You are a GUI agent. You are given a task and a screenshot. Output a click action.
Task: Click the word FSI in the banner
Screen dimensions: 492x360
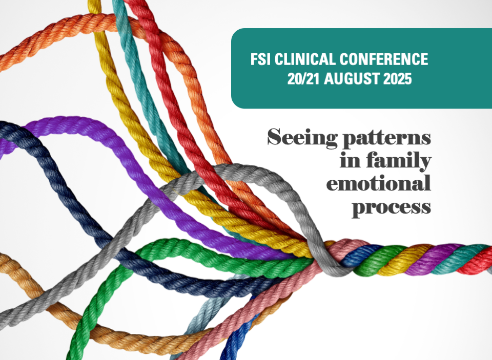tap(260, 59)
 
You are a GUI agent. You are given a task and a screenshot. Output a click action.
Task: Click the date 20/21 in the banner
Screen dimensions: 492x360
tap(303, 79)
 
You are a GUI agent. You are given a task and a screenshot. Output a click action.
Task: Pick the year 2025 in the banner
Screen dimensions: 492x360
tap(398, 79)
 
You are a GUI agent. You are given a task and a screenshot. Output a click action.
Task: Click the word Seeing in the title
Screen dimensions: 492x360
tap(302, 137)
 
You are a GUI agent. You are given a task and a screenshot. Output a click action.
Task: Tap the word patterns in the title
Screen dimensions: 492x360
tap(386, 138)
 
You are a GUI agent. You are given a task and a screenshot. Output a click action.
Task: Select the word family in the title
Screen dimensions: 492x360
tap(399, 161)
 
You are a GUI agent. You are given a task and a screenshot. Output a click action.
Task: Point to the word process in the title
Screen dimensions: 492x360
tap(391, 207)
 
